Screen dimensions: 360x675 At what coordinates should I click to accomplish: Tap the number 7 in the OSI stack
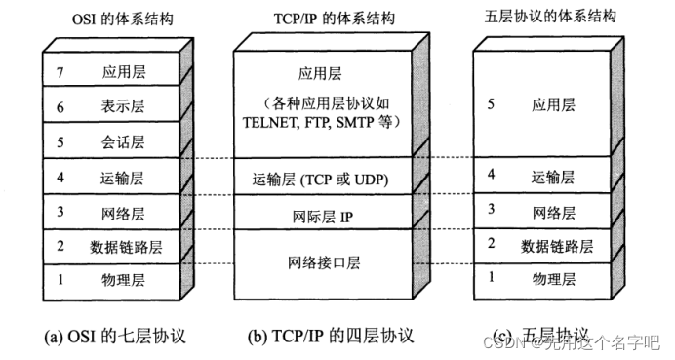(60, 72)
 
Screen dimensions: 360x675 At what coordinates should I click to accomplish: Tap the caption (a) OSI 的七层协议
(114, 338)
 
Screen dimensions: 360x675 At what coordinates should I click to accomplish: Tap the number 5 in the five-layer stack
(492, 101)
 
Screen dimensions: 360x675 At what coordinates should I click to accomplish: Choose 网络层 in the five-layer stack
(552, 210)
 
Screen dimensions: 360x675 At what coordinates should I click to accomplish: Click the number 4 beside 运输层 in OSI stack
(60, 177)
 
